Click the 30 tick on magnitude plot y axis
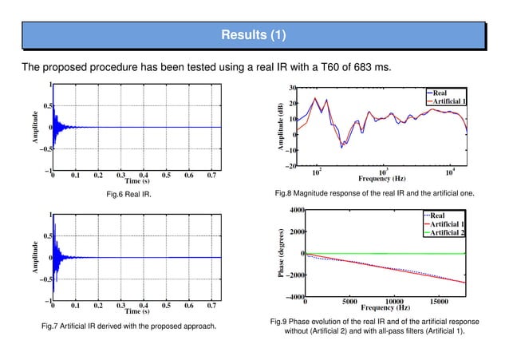[x=294, y=89]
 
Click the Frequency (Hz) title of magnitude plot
[x=385, y=178]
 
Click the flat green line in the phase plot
[x=383, y=254]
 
